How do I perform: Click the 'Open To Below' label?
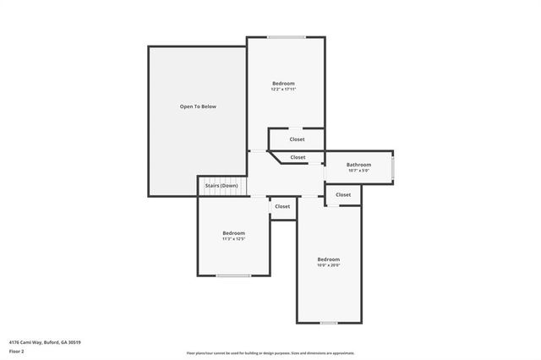point(198,106)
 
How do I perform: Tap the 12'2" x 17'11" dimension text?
point(283,89)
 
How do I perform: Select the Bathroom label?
point(359,164)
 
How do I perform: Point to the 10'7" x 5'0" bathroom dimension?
point(359,171)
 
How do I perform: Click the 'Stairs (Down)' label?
point(221,185)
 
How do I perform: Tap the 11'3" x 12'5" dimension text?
point(233,239)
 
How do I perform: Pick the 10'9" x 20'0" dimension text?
point(328,265)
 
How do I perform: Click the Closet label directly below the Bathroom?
point(343,195)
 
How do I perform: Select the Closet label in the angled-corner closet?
point(298,157)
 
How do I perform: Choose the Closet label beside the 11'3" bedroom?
point(282,206)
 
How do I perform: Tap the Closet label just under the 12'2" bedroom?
point(296,139)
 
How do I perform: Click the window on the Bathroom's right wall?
point(393,166)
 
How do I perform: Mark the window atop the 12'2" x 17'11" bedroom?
point(287,36)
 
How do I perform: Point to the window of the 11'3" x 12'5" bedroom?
point(232,275)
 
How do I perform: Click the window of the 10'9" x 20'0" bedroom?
point(328,323)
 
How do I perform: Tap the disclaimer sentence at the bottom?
point(270,353)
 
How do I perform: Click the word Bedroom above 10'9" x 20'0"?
point(328,259)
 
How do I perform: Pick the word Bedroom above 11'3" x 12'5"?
point(233,232)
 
